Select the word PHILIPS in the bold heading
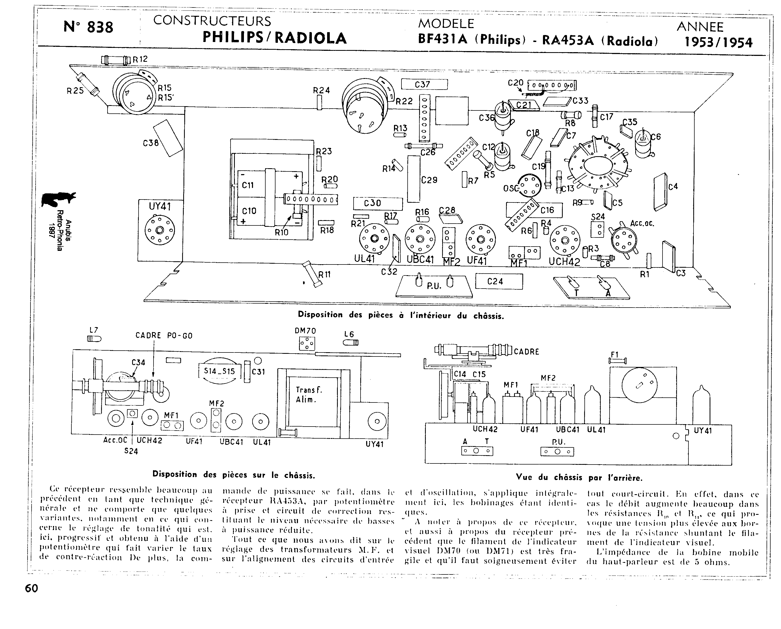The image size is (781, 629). [x=233, y=38]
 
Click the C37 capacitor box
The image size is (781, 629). [x=424, y=85]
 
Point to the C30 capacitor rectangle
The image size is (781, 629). [x=378, y=204]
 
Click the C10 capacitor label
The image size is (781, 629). [x=249, y=211]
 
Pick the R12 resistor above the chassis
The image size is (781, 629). [x=116, y=60]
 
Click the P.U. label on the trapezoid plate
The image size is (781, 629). [x=434, y=286]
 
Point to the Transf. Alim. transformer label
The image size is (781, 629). [x=309, y=394]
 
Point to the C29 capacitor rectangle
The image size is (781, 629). [x=414, y=179]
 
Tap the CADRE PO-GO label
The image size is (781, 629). [x=164, y=336]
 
